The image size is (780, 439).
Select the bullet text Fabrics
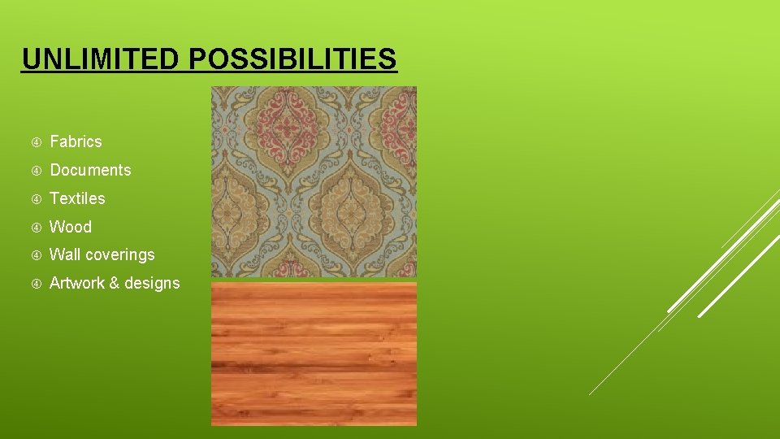click(x=76, y=141)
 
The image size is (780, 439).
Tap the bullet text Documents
click(x=90, y=170)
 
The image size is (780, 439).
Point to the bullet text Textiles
click(x=77, y=198)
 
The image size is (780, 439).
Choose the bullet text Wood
click(x=71, y=227)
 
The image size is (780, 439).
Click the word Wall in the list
click(x=64, y=254)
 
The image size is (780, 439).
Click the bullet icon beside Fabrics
click(x=36, y=142)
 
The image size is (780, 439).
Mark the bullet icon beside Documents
click(x=36, y=171)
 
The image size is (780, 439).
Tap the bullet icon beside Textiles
click(x=36, y=199)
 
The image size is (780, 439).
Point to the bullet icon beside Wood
click(x=36, y=228)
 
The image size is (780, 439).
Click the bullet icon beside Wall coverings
click(x=36, y=255)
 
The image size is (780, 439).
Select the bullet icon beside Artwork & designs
click(x=36, y=284)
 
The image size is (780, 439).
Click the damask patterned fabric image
click(x=314, y=181)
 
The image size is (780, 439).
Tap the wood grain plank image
click(x=314, y=353)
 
